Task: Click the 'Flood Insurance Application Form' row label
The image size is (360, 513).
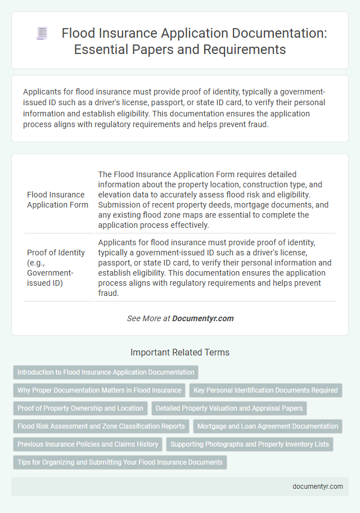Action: point(58,200)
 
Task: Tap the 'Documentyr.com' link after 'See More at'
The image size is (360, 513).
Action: point(202,318)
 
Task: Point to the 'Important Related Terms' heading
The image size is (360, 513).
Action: point(180,353)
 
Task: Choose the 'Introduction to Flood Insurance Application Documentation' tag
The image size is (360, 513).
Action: point(106,372)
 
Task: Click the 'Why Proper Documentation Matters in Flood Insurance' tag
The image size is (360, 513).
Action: point(100,390)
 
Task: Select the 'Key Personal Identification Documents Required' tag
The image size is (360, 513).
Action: point(265,390)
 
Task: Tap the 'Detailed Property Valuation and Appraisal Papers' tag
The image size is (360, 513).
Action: point(229,408)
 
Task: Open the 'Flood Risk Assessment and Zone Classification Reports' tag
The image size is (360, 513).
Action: point(101,426)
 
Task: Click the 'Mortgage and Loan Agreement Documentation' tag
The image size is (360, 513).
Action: point(268,426)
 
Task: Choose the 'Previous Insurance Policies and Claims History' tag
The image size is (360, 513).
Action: point(88,444)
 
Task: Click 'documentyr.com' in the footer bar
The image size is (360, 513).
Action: point(318,487)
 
